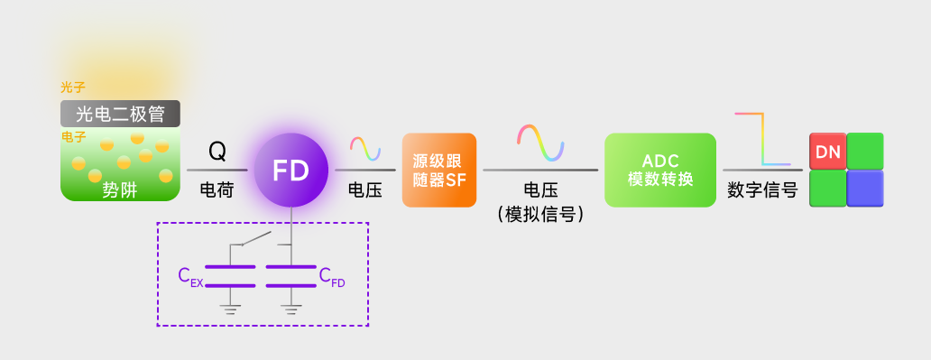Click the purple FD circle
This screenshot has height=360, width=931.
pyautogui.click(x=290, y=170)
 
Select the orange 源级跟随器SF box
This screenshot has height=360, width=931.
pyautogui.click(x=439, y=170)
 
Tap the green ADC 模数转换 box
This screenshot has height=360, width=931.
pyautogui.click(x=660, y=170)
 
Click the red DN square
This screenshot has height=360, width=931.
pyautogui.click(x=827, y=152)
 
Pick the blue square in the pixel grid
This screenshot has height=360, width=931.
pyautogui.click(x=865, y=189)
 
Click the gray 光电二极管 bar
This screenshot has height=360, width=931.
pyautogui.click(x=121, y=114)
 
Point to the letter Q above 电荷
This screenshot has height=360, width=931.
pyautogui.click(x=217, y=152)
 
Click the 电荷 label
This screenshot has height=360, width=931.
pyautogui.click(x=217, y=190)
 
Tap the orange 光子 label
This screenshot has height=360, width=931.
pyautogui.click(x=73, y=88)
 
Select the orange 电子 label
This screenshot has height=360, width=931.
pyautogui.click(x=74, y=137)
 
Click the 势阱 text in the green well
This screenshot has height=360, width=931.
pyautogui.click(x=120, y=190)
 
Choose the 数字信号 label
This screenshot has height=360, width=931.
pyautogui.click(x=762, y=190)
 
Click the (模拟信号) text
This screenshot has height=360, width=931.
pyautogui.click(x=541, y=214)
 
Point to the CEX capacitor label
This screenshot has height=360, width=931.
pyautogui.click(x=190, y=277)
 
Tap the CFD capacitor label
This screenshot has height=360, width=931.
pyautogui.click(x=332, y=277)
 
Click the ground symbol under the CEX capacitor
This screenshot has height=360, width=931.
pyautogui.click(x=230, y=309)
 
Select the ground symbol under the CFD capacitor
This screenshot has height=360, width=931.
pyautogui.click(x=290, y=309)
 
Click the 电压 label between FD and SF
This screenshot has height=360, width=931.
pyautogui.click(x=365, y=190)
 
